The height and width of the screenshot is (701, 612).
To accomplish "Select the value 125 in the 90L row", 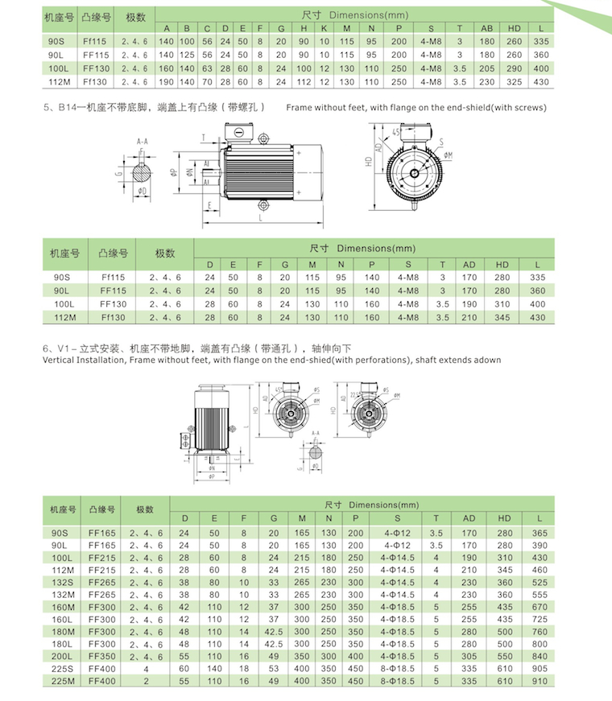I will [x=187, y=55].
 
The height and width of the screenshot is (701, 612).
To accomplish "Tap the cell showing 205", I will [x=487, y=68].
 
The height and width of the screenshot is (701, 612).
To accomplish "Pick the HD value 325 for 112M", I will [x=515, y=82].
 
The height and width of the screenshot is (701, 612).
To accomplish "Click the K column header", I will [x=323, y=29].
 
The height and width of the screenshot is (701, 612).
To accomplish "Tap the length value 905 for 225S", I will [x=540, y=668].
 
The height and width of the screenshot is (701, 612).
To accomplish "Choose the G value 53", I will [x=274, y=668].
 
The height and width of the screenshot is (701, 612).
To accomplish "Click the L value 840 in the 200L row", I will [x=540, y=656].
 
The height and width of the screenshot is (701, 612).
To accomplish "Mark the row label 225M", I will [x=62, y=681].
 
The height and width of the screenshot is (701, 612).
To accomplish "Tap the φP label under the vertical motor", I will [x=212, y=476].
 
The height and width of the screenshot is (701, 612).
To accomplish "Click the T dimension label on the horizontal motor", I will [x=205, y=138].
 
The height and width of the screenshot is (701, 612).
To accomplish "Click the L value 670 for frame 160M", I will [x=540, y=607].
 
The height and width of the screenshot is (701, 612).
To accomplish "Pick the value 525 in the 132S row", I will [x=540, y=582].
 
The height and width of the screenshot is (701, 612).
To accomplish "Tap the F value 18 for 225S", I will [x=243, y=668].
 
